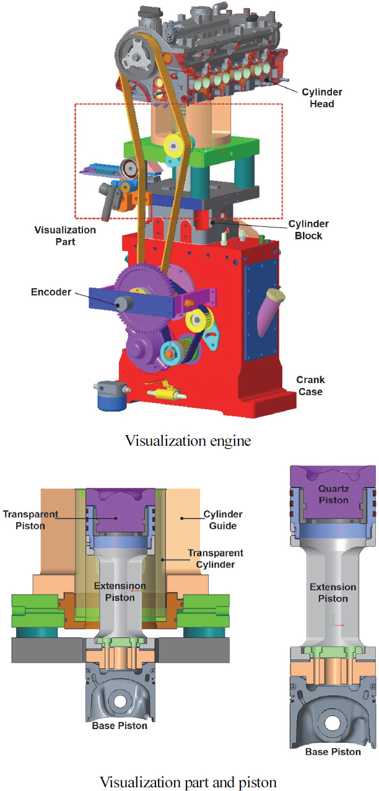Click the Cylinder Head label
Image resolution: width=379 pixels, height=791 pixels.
click(x=322, y=98)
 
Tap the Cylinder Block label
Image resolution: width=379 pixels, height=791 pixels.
click(x=309, y=229)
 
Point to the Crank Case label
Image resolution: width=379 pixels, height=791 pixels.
click(x=310, y=386)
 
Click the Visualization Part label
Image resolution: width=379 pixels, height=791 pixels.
click(x=65, y=236)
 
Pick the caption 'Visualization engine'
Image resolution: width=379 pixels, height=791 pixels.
click(x=189, y=441)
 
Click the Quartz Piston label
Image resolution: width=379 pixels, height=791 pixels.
click(x=334, y=493)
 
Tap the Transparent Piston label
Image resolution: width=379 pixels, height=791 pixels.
click(x=30, y=519)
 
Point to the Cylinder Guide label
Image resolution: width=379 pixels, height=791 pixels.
click(x=223, y=519)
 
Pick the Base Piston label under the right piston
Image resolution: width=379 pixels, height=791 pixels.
click(x=333, y=751)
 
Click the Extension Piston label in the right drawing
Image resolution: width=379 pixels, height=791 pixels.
click(x=333, y=593)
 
